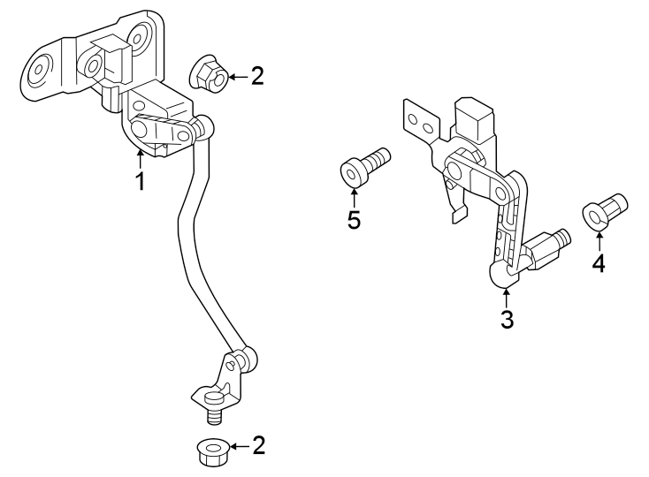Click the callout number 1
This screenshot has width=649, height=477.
click(139, 182)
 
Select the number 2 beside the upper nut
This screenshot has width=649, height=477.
click(257, 76)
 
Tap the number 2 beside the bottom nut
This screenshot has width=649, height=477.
click(258, 445)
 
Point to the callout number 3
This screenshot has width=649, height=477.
click(507, 320)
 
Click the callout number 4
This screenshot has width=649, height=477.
click(598, 263)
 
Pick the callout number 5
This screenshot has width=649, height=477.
click(354, 220)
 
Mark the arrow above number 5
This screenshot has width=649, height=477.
click(353, 196)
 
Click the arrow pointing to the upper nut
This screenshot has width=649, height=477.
click(233, 77)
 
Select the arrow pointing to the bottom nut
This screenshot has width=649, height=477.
click(236, 446)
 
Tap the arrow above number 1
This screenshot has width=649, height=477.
click(139, 160)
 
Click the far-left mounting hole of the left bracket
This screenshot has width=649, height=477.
click(41, 70)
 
